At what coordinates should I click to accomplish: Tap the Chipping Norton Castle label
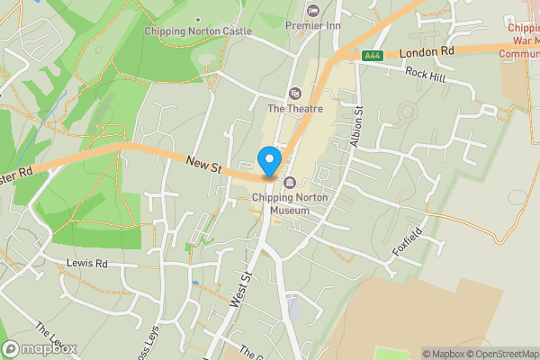(198, 31)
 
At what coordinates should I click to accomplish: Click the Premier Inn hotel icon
(313, 11)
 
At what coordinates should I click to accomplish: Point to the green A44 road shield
(373, 56)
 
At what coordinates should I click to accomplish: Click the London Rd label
(428, 53)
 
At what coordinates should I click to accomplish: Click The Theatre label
(293, 109)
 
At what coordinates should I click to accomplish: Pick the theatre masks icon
(293, 93)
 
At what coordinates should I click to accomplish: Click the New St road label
(204, 163)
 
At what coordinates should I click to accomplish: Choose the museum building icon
(290, 184)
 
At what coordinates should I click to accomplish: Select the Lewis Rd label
(87, 264)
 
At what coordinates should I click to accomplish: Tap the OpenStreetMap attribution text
(499, 354)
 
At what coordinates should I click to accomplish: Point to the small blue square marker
(195, 283)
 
